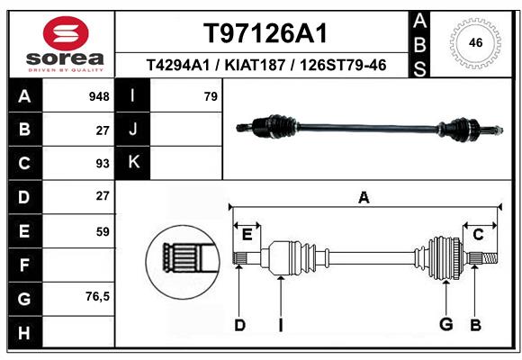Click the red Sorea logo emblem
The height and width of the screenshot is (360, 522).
[x=66, y=33]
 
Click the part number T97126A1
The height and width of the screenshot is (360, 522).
[x=265, y=33]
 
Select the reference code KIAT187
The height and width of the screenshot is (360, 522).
[x=255, y=65]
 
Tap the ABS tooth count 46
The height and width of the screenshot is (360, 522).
[x=475, y=42]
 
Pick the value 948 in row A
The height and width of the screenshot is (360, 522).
[x=99, y=96]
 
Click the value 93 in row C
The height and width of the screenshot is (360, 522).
[x=103, y=164]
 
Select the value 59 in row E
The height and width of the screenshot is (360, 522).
[x=103, y=231]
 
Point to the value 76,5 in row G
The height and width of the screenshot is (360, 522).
[x=97, y=296]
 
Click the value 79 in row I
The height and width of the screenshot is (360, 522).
[x=211, y=96]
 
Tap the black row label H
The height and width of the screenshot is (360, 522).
[x=25, y=333]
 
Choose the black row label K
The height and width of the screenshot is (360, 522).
[x=133, y=162]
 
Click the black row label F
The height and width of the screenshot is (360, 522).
[x=25, y=265]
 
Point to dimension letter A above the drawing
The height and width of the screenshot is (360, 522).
[x=364, y=197]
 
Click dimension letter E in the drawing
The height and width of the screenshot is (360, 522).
[x=247, y=235]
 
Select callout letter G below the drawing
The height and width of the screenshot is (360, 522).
[x=446, y=324]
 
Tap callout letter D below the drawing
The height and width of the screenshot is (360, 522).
[x=240, y=325]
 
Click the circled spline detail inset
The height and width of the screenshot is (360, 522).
[x=183, y=262]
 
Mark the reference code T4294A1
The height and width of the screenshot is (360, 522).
[x=178, y=65]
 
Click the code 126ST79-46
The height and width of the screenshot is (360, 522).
[x=343, y=65]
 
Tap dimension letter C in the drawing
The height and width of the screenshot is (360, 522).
[x=478, y=235]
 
